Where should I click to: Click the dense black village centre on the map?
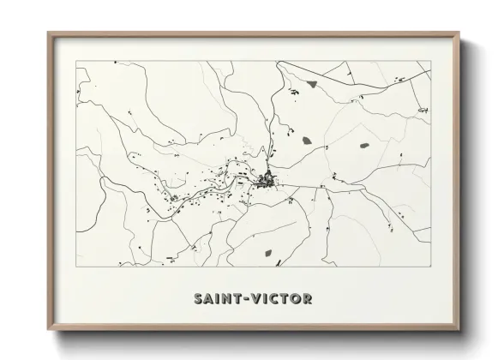pyautogui.click(x=269, y=180)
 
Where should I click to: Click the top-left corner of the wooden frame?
pyautogui.click(x=48, y=33)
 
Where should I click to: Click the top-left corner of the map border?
pyautogui.click(x=76, y=61)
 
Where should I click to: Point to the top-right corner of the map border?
pyautogui.click(x=430, y=61)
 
